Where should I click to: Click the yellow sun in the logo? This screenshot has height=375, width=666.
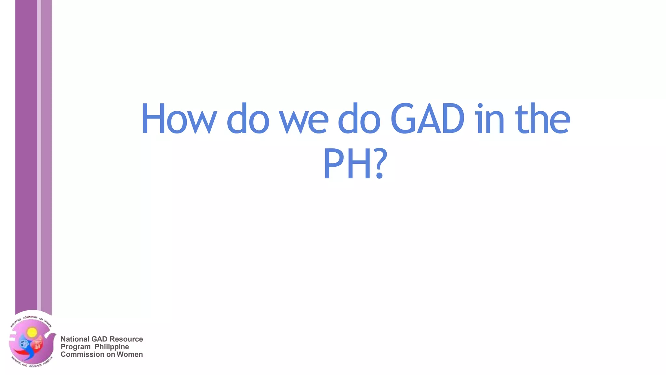tap(32, 332)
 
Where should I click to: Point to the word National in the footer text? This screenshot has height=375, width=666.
tap(74, 339)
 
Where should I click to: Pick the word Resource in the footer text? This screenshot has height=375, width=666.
tap(126, 339)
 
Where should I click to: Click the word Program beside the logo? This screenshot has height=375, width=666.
tap(75, 347)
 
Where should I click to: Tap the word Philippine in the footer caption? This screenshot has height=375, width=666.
tap(112, 347)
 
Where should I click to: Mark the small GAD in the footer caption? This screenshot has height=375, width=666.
tap(99, 339)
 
